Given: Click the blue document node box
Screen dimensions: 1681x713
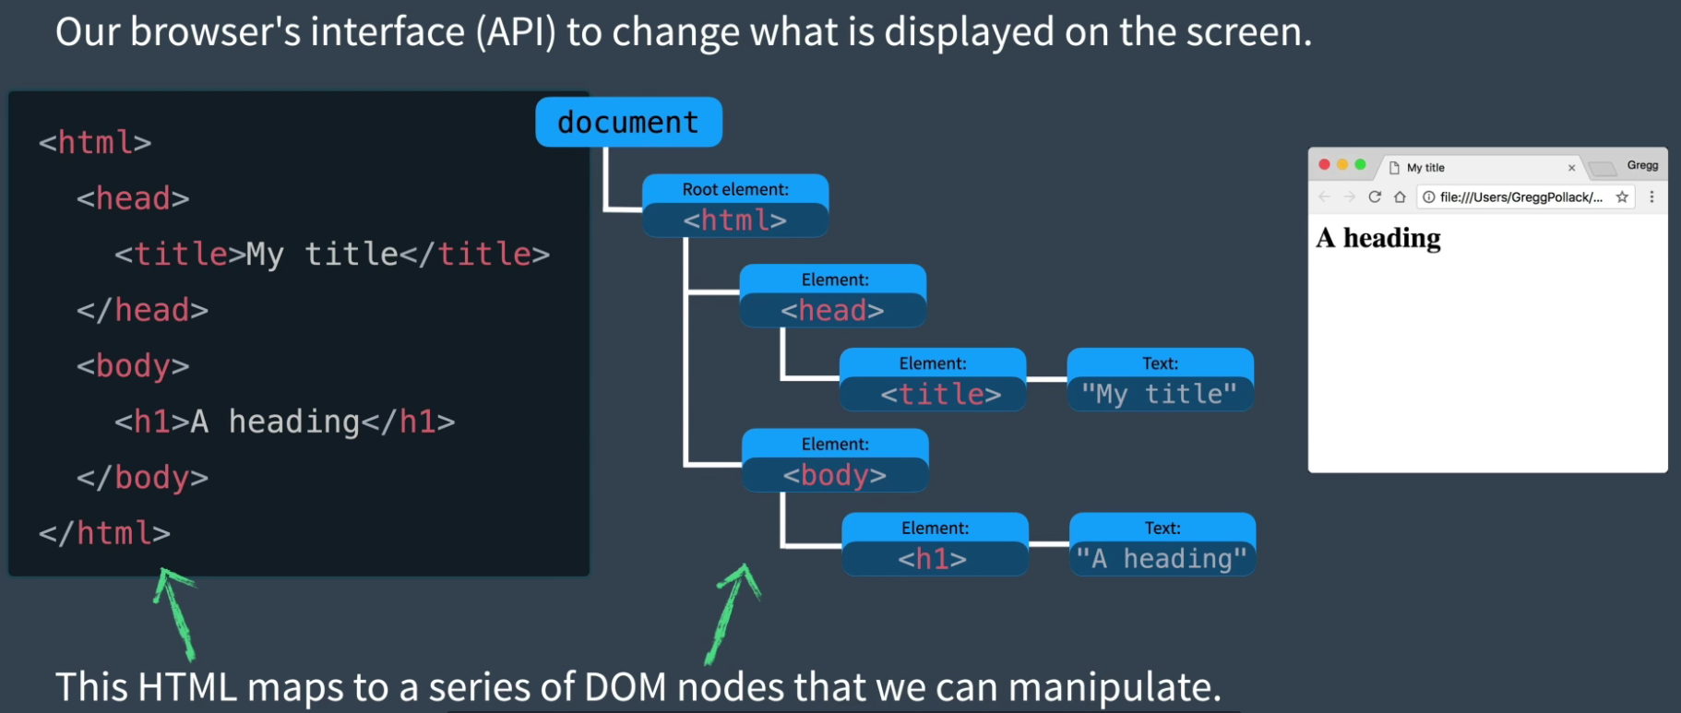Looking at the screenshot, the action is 628,122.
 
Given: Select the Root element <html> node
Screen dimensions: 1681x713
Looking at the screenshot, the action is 735,206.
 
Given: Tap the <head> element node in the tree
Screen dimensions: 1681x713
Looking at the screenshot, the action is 833,296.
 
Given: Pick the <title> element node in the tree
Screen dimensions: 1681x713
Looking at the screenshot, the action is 933,379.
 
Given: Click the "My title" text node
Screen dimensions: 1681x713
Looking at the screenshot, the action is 1161,379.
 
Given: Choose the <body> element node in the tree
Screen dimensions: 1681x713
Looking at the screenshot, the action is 835,460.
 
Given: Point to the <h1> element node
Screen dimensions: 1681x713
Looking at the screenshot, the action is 935,544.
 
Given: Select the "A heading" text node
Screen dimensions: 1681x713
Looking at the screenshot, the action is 1162,544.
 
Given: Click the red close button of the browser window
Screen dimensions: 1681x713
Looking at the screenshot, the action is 1325,164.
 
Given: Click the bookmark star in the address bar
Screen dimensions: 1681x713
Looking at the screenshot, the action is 1622,196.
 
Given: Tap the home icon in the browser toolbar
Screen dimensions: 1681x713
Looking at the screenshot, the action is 1400,196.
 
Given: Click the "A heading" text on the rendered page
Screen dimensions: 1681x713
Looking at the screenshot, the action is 1378,238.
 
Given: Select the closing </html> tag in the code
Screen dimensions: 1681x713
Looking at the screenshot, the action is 104,533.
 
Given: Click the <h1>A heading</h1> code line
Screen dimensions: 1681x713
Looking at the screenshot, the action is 285,422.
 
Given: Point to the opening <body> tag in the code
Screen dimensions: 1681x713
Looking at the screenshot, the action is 133,366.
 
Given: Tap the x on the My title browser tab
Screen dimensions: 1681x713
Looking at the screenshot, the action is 1571,168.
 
